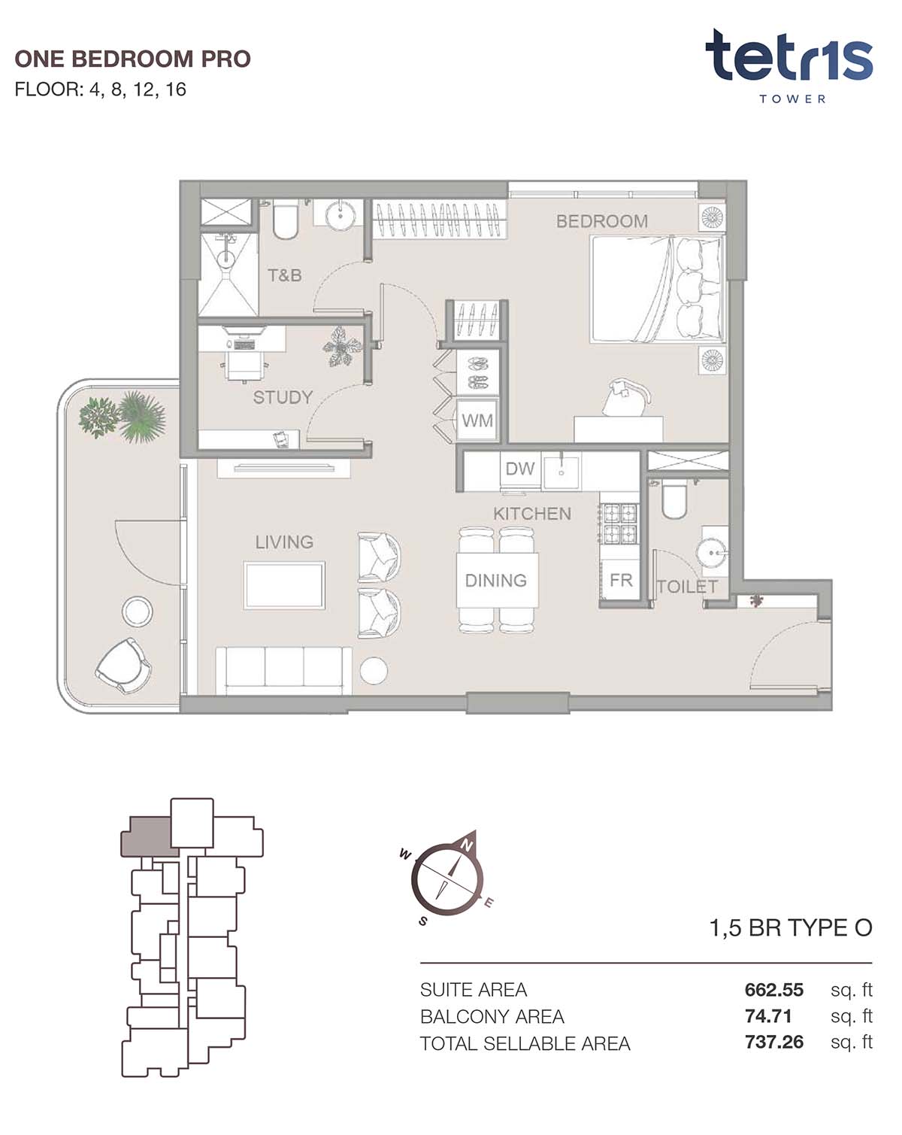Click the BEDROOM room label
(x=601, y=221)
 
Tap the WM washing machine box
(x=477, y=420)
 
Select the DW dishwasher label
(x=520, y=469)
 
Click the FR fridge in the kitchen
(x=620, y=579)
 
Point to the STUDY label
(x=283, y=397)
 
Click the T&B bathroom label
(x=285, y=275)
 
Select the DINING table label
(x=495, y=580)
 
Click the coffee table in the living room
(x=284, y=585)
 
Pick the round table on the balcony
(x=137, y=612)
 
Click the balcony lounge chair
(x=125, y=666)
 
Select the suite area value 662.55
(x=773, y=989)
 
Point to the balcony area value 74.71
(x=768, y=1016)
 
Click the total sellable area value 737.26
(x=773, y=1042)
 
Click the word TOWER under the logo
(x=792, y=99)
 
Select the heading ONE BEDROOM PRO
(x=133, y=59)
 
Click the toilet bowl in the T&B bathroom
(x=285, y=222)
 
